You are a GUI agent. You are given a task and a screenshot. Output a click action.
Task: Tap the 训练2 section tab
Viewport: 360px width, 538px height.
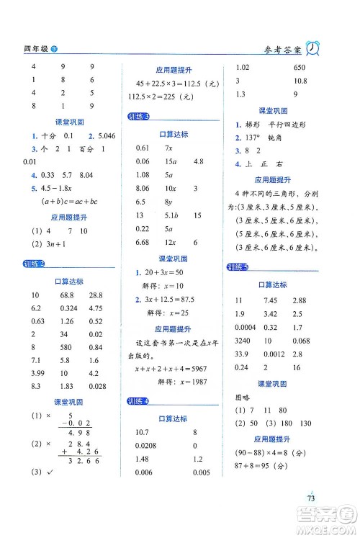33,264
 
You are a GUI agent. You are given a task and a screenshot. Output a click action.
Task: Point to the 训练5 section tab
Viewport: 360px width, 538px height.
237,266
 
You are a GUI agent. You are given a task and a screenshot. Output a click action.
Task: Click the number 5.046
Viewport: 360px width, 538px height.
102,135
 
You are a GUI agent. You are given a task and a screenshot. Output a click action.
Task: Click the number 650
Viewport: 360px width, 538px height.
301,67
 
